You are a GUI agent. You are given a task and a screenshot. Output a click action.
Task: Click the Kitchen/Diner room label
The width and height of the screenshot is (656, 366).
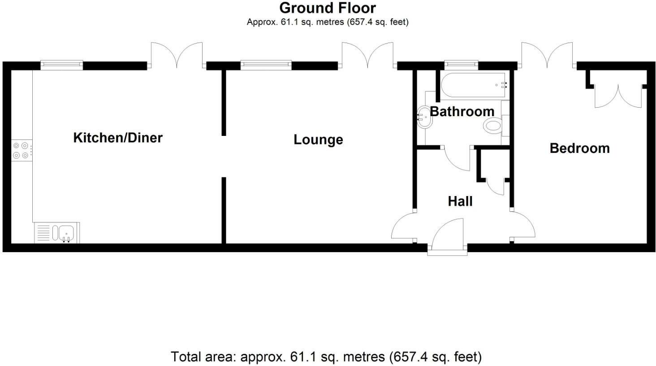click(x=118, y=138)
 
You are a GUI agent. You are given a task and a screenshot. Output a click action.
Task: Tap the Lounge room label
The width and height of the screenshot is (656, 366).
click(x=318, y=140)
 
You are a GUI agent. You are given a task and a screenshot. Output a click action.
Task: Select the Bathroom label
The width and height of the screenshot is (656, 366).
click(x=462, y=111)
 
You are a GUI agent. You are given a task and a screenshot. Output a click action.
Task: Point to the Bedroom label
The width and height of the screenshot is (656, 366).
click(x=579, y=148)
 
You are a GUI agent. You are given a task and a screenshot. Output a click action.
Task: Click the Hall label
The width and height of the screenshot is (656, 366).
click(x=460, y=201)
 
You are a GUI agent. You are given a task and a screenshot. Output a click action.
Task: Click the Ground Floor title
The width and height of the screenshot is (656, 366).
click(x=328, y=8)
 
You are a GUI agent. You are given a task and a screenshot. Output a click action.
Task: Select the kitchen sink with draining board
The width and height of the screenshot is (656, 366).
click(x=56, y=233)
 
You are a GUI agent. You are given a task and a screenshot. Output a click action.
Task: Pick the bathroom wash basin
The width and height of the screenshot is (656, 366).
click(x=423, y=118)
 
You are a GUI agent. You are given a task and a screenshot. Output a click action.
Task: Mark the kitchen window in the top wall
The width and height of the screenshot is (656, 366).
click(x=62, y=65)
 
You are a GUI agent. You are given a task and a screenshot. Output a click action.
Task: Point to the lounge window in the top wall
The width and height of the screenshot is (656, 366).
click(x=266, y=65)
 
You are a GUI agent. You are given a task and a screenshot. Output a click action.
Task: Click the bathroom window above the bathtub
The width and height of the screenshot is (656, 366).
click(x=461, y=65)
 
